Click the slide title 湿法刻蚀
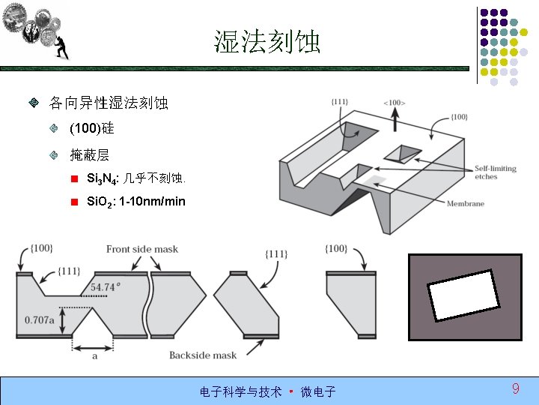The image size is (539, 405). pyautogui.click(x=267, y=42)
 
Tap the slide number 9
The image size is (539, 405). pyautogui.click(x=516, y=388)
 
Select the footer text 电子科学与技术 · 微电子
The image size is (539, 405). pyautogui.click(x=267, y=391)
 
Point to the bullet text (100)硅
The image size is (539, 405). pyautogui.click(x=91, y=129)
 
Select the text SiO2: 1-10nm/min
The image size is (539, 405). pyautogui.click(x=136, y=202)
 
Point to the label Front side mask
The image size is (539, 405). pyautogui.click(x=142, y=249)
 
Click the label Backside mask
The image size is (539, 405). pyautogui.click(x=202, y=355)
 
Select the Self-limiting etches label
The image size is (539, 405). pyautogui.click(x=496, y=172)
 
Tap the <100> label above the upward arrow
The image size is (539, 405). pyautogui.click(x=394, y=102)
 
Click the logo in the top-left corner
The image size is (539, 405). pyautogui.click(x=37, y=30)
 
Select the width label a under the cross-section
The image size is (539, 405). pyautogui.click(x=94, y=356)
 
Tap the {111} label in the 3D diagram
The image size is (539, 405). pyautogui.click(x=340, y=101)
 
